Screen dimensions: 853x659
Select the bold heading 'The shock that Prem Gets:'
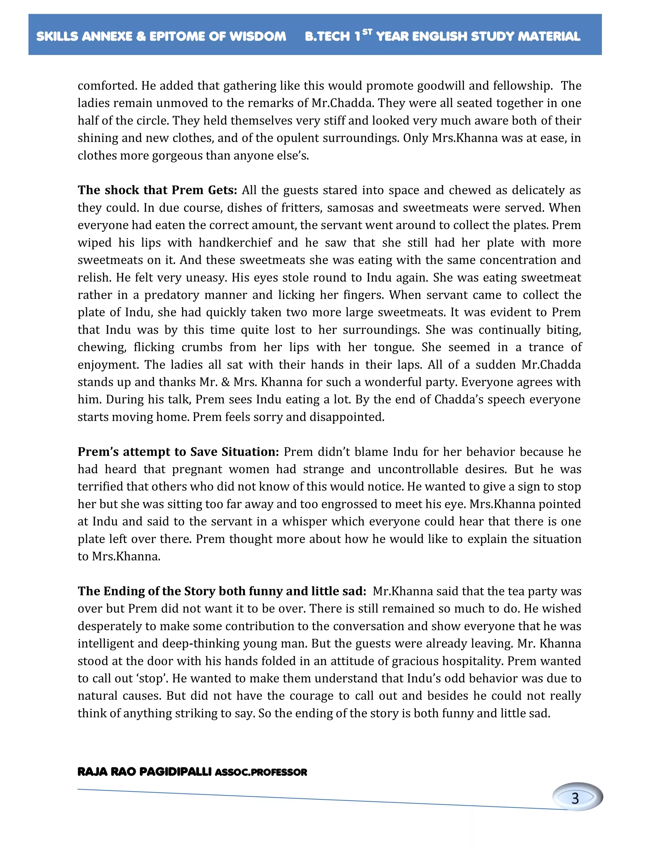pos(157,190)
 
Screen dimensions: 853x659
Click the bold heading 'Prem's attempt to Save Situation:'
pos(178,452)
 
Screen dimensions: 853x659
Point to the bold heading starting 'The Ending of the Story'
pos(221,591)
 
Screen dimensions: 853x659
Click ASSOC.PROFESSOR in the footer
pos(261,773)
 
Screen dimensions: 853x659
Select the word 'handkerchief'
pos(235,243)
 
